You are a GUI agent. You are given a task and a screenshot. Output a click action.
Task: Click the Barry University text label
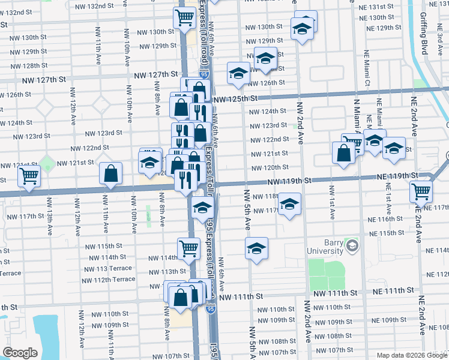(x=325, y=247)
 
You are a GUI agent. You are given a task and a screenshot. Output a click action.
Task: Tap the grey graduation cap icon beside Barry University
(x=352, y=246)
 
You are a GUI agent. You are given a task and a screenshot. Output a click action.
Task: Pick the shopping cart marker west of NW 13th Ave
(x=28, y=177)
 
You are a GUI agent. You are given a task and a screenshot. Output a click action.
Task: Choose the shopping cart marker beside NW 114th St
(x=188, y=247)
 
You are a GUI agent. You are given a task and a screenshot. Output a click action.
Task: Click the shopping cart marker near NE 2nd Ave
(x=421, y=192)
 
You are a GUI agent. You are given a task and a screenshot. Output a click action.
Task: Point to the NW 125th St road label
(x=234, y=98)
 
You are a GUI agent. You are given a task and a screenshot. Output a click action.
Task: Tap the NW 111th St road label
(x=241, y=296)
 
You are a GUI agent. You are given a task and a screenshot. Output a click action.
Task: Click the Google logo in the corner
(x=20, y=353)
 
